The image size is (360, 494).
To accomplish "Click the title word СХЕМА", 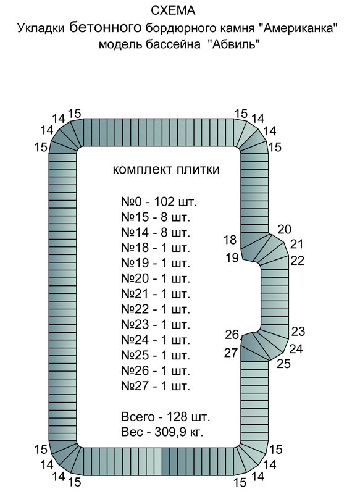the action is click(173, 10).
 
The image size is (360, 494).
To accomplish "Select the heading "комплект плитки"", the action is click(166, 170).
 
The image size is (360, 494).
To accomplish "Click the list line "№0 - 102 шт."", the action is click(159, 202).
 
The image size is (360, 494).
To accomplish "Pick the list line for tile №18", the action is click(156, 248).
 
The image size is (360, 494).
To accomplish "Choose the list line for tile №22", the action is click(156, 309).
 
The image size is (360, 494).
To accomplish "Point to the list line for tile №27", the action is click(156, 387).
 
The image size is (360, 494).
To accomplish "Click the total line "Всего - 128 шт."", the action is click(165, 417).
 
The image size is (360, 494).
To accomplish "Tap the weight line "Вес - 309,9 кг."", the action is click(162, 432).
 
